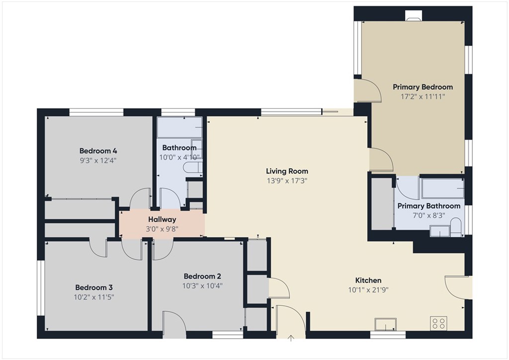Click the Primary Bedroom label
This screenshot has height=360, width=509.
coord(423,87)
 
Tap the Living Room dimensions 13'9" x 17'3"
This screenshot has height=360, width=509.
coord(287,181)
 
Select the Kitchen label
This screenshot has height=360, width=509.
coord(368,280)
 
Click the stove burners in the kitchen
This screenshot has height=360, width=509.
coord(438,324)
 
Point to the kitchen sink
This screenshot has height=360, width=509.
coord(386,325)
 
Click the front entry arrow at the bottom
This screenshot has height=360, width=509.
coord(291,339)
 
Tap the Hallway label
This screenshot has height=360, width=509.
coord(162,219)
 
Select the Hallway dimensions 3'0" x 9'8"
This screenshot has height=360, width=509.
coord(162,229)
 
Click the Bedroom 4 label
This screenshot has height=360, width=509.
coord(98,151)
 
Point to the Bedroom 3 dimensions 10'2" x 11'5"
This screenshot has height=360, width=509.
coord(94,297)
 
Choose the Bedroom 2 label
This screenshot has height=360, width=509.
coord(202,276)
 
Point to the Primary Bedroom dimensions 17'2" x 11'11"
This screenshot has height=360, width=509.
coord(423,97)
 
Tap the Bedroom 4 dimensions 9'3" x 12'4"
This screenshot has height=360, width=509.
coord(98,161)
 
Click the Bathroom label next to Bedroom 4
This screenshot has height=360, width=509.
coord(179,148)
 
